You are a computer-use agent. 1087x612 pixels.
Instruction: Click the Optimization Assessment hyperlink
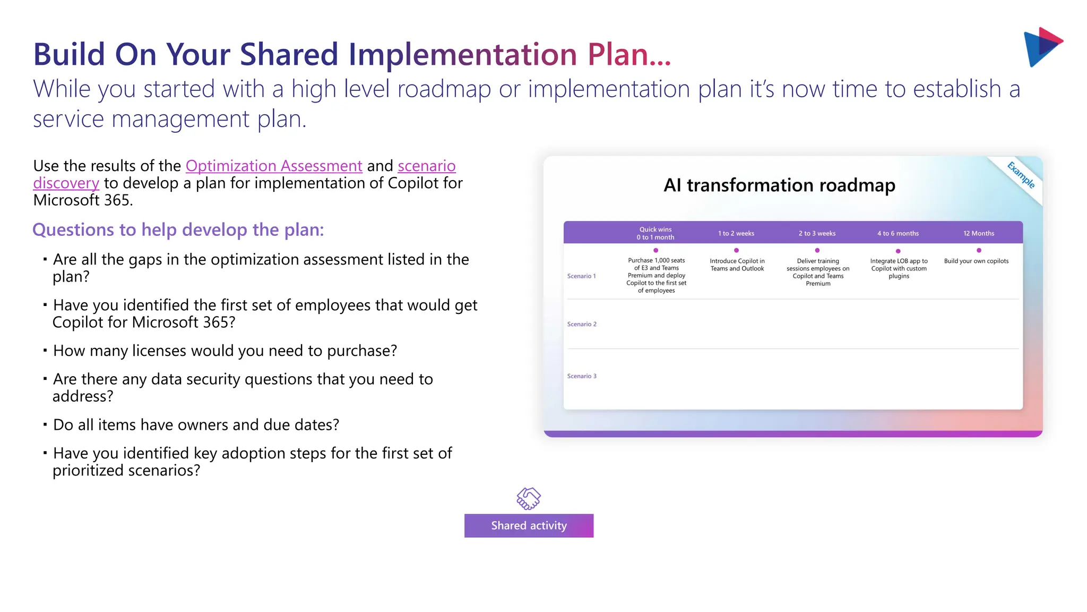[274, 166]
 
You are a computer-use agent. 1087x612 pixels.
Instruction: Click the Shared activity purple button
[529, 525]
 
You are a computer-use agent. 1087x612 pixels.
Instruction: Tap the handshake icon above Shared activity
[529, 498]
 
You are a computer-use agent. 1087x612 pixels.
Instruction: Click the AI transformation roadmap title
[779, 185]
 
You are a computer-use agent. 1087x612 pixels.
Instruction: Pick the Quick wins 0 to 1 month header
[655, 233]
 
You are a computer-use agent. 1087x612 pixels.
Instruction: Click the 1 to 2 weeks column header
[736, 233]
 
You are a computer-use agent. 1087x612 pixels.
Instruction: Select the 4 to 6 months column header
[898, 233]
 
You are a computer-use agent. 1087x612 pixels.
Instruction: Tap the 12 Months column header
[979, 233]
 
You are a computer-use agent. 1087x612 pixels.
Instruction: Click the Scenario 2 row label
[582, 324]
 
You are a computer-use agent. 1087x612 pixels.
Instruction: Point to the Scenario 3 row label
[582, 376]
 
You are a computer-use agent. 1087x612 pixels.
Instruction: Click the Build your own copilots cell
[976, 261]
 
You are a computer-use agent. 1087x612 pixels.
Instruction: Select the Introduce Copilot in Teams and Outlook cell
[737, 265]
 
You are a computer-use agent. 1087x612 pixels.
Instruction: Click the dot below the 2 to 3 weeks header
[817, 250]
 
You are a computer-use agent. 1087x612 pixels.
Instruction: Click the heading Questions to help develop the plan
[178, 229]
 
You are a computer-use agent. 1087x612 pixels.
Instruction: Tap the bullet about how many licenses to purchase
[225, 351]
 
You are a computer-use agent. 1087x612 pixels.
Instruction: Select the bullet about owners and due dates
[196, 424]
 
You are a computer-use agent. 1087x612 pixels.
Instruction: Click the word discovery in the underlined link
[66, 183]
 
